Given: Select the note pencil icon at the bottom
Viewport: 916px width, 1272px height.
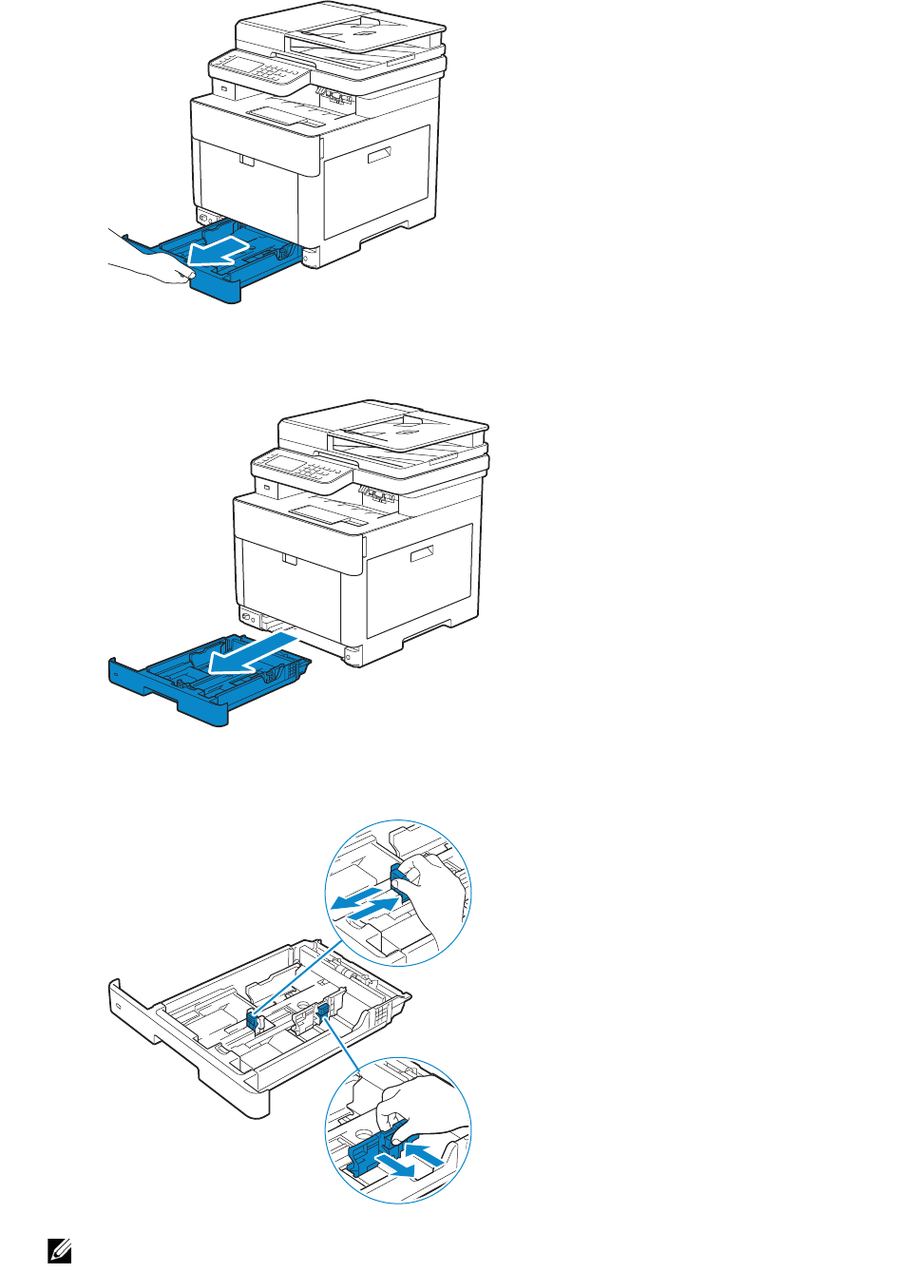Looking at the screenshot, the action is pos(60,1250).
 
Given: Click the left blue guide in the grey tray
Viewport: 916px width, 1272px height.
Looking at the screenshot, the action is pos(254,1021).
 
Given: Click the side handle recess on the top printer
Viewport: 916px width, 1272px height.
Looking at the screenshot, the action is pos(380,155).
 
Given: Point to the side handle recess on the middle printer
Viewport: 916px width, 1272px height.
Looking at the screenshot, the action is pos(422,553).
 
